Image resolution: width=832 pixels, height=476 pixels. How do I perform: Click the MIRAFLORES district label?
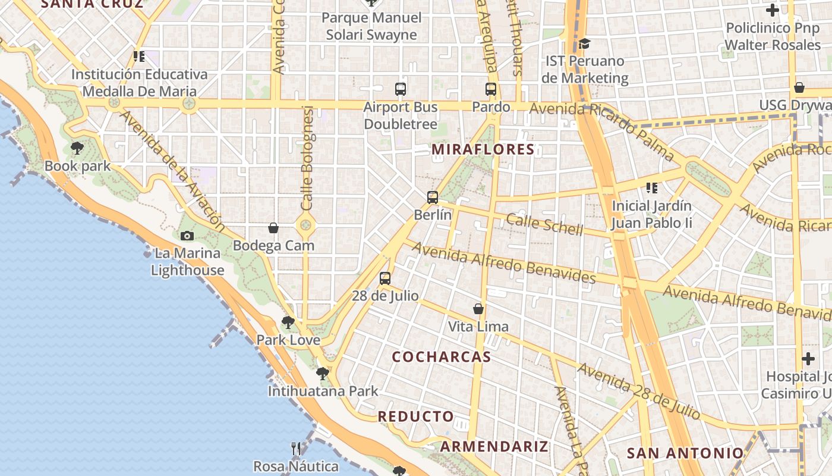point(483,149)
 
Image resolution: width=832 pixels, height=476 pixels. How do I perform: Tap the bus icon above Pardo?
point(491,89)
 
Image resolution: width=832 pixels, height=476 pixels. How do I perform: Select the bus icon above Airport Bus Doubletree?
point(401,89)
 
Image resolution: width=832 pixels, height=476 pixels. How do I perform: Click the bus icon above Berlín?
point(433,197)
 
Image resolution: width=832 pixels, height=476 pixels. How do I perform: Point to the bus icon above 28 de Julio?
point(385,278)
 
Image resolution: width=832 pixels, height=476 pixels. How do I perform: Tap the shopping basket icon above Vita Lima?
point(478,309)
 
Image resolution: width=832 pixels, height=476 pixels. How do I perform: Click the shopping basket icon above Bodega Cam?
point(273,227)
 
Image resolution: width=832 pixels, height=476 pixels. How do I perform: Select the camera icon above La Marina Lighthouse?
point(187,236)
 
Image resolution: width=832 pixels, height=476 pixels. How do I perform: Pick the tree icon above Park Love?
point(288,322)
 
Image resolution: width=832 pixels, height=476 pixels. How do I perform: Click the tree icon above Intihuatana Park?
point(323,374)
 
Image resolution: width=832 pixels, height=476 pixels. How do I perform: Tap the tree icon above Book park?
point(77,148)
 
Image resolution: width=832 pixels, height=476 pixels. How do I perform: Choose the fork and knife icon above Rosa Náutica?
point(296,448)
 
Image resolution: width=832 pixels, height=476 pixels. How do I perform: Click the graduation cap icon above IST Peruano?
point(585,43)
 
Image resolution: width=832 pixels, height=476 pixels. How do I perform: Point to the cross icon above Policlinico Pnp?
point(773,10)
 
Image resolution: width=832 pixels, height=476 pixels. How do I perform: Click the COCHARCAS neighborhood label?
point(442,357)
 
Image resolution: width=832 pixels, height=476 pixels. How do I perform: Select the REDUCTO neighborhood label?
point(416,416)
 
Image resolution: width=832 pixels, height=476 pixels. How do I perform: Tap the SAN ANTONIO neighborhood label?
point(685,453)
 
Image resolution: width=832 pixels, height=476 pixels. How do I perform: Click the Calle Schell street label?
point(544,225)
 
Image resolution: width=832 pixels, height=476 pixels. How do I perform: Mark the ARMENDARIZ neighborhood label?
point(494,446)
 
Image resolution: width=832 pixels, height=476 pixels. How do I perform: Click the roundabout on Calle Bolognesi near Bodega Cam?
point(306,225)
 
